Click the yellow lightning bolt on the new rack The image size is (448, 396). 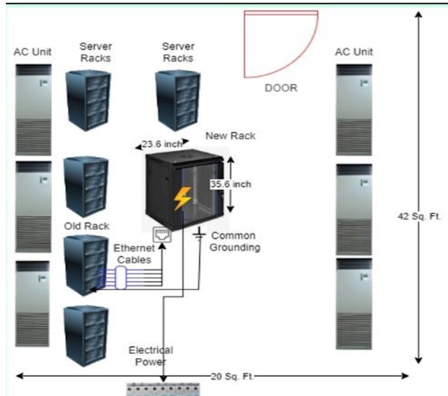pos(182,198)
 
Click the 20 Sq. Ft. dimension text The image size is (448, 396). pos(227,376)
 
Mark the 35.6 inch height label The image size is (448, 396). pos(231,184)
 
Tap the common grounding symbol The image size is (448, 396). pos(198,235)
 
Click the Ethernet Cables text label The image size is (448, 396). pos(134,254)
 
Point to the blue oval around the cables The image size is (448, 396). pos(120,277)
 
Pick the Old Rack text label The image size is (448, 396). pos(86,226)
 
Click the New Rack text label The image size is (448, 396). pos(230,136)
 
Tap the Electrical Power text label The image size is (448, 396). pos(150,355)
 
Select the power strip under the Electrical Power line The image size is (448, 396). pos(162,389)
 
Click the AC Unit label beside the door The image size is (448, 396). pos(354,51)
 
